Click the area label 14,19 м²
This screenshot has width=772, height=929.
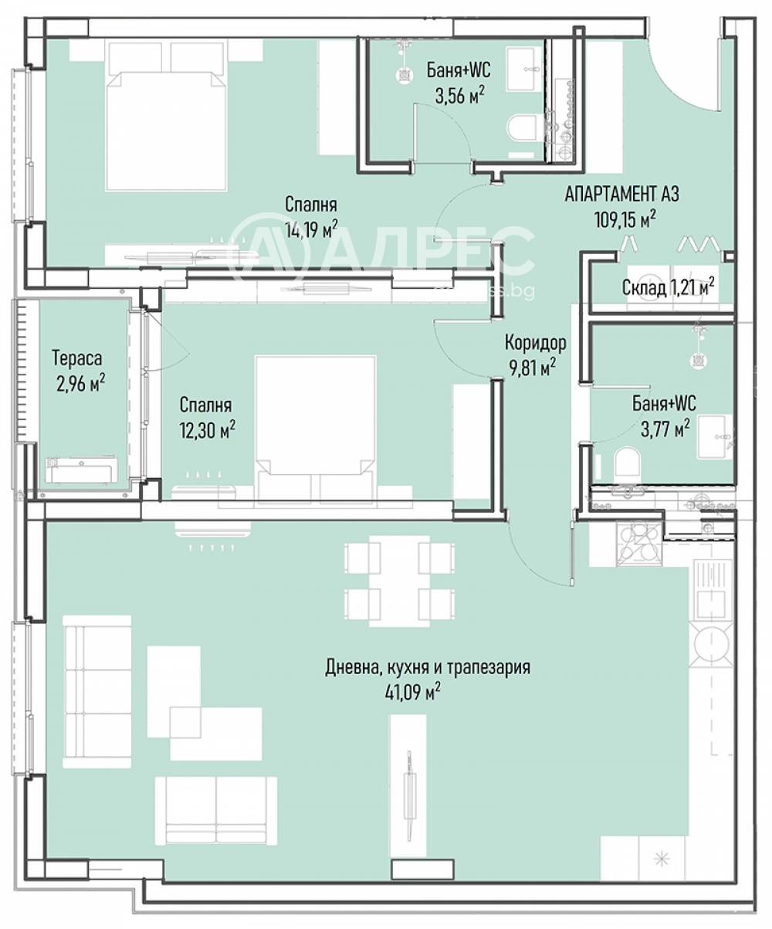[311, 229]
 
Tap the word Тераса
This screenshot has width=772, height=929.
[77, 358]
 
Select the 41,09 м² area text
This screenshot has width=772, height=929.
[413, 693]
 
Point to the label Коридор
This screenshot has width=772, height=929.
[536, 343]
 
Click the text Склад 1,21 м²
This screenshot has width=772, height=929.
[668, 288]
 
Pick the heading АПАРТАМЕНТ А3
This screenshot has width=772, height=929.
[622, 195]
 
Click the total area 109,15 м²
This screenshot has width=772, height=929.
[625, 219]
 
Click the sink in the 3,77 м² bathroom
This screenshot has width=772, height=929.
[715, 437]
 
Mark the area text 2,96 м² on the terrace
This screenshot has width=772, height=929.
[81, 384]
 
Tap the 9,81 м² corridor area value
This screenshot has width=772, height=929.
[533, 368]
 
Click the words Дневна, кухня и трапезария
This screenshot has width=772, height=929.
[428, 668]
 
